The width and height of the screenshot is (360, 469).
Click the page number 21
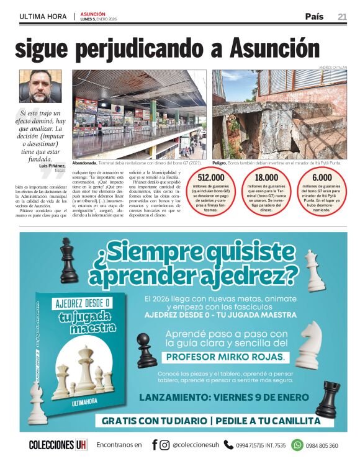[x=342, y=17]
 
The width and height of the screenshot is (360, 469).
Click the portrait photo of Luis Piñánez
[x=42, y=86]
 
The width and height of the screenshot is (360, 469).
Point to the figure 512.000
[x=210, y=177]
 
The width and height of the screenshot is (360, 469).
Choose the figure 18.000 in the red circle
[x=266, y=177]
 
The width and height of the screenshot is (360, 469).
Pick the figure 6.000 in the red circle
[x=322, y=177]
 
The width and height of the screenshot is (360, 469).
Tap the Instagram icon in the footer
[x=164, y=445]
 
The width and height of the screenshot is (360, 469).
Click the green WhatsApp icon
[x=297, y=445]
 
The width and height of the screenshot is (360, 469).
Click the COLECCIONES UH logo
[x=58, y=445]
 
